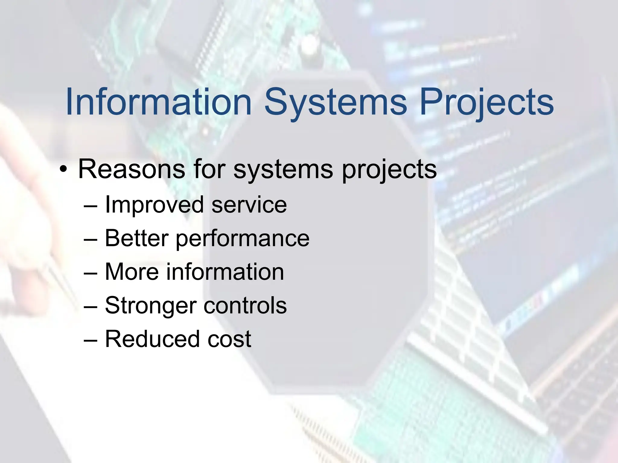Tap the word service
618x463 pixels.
tap(249, 205)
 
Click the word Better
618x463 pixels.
tap(136, 238)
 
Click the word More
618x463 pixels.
tap(132, 272)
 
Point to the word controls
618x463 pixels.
tap(245, 305)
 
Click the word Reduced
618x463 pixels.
tap(152, 339)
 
